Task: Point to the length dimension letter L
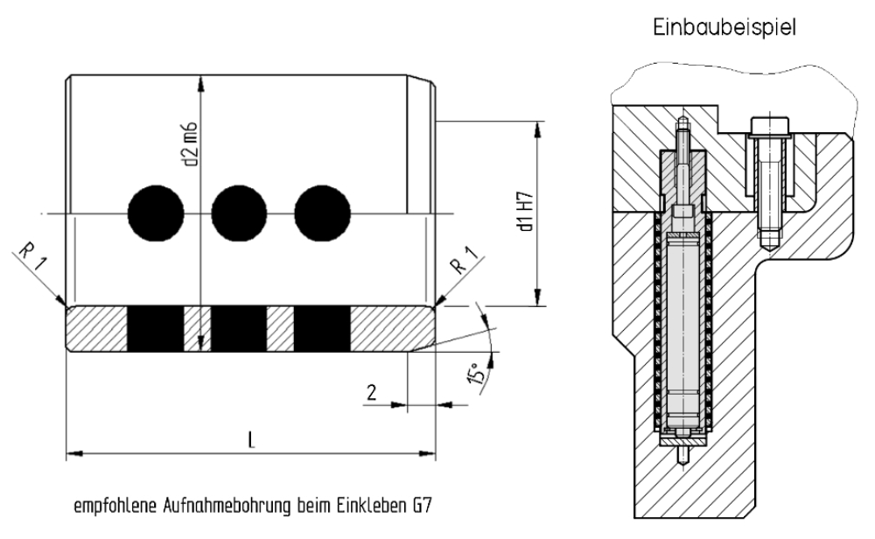[x=253, y=441]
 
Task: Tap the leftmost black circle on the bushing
[x=156, y=213]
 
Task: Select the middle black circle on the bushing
[x=239, y=213]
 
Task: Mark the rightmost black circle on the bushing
[x=322, y=213]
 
